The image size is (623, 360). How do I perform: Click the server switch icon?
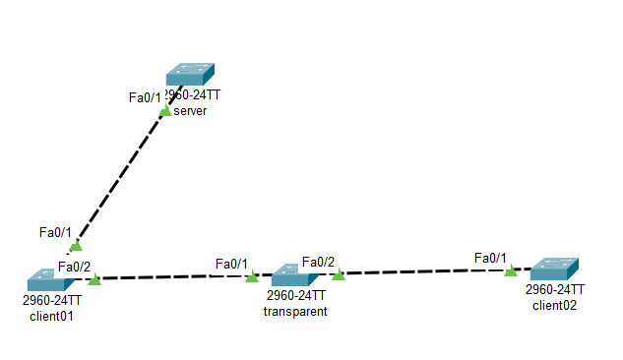[x=190, y=75]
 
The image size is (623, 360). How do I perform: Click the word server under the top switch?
[x=190, y=111]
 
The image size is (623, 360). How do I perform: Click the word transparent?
[x=295, y=311]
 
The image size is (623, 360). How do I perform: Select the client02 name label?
[x=555, y=305]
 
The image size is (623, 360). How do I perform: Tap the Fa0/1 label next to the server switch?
[x=146, y=96]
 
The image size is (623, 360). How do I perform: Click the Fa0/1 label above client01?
[x=55, y=232]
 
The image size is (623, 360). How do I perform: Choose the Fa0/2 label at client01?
[x=74, y=266]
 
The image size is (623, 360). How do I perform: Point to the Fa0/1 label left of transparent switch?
[x=231, y=264]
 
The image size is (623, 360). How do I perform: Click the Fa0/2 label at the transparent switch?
[x=318, y=261]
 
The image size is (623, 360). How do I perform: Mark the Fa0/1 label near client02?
[x=490, y=258]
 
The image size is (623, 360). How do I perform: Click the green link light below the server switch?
[x=165, y=111]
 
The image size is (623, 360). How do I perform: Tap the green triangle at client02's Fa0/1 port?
[x=510, y=270]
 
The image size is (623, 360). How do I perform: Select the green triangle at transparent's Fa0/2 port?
[x=339, y=274]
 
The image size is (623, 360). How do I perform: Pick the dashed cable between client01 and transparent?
[x=177, y=277]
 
